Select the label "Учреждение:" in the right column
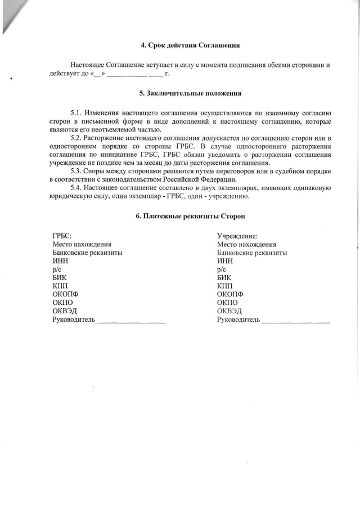tap(237, 236)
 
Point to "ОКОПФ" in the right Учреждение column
tap(230, 294)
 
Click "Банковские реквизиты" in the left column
tap(87, 253)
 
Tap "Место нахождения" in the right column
tap(246, 245)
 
